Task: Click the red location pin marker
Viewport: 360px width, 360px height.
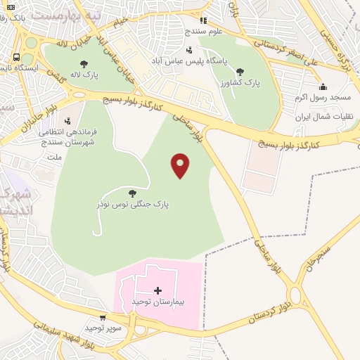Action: point(181,165)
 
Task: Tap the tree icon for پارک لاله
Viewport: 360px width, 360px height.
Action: point(84,64)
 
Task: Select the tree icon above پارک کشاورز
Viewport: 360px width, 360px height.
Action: point(240,72)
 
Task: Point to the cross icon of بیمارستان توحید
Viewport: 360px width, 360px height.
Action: point(157,290)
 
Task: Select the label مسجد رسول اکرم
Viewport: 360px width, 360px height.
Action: point(322,97)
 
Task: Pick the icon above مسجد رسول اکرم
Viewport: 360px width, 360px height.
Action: point(323,86)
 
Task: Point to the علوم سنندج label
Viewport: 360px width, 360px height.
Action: point(203,31)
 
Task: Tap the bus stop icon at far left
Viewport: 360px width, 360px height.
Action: point(16,58)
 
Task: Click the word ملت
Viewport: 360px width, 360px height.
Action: point(53,157)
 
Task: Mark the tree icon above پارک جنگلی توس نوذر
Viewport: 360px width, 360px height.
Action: point(132,193)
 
